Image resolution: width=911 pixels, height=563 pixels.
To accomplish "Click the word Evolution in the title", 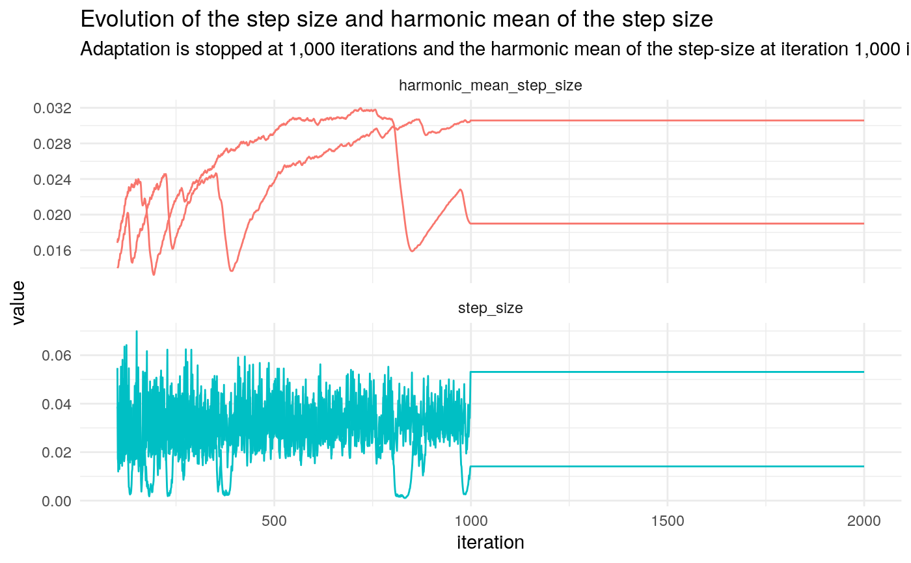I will [x=119, y=20].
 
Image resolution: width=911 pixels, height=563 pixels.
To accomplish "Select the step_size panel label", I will [x=490, y=309].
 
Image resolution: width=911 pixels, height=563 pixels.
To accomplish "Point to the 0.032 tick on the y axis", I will [x=52, y=108].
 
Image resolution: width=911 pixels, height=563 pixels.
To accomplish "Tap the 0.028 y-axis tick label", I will [x=52, y=143].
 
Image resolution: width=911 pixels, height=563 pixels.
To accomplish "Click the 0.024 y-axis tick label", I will [x=52, y=179].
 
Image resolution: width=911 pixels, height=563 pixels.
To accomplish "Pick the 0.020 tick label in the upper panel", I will [x=52, y=215].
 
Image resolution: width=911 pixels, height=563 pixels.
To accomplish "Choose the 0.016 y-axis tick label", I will [x=52, y=250].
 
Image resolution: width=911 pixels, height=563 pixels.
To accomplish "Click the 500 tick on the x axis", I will [x=274, y=521].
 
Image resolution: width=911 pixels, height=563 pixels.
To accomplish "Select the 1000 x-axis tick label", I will [x=470, y=521].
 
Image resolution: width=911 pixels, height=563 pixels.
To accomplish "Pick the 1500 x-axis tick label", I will [x=668, y=521].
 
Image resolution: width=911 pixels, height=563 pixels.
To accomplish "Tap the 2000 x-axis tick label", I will [x=863, y=521].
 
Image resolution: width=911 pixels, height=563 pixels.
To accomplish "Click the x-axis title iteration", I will [x=490, y=542].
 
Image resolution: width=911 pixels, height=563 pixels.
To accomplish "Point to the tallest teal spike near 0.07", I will [x=136, y=332].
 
